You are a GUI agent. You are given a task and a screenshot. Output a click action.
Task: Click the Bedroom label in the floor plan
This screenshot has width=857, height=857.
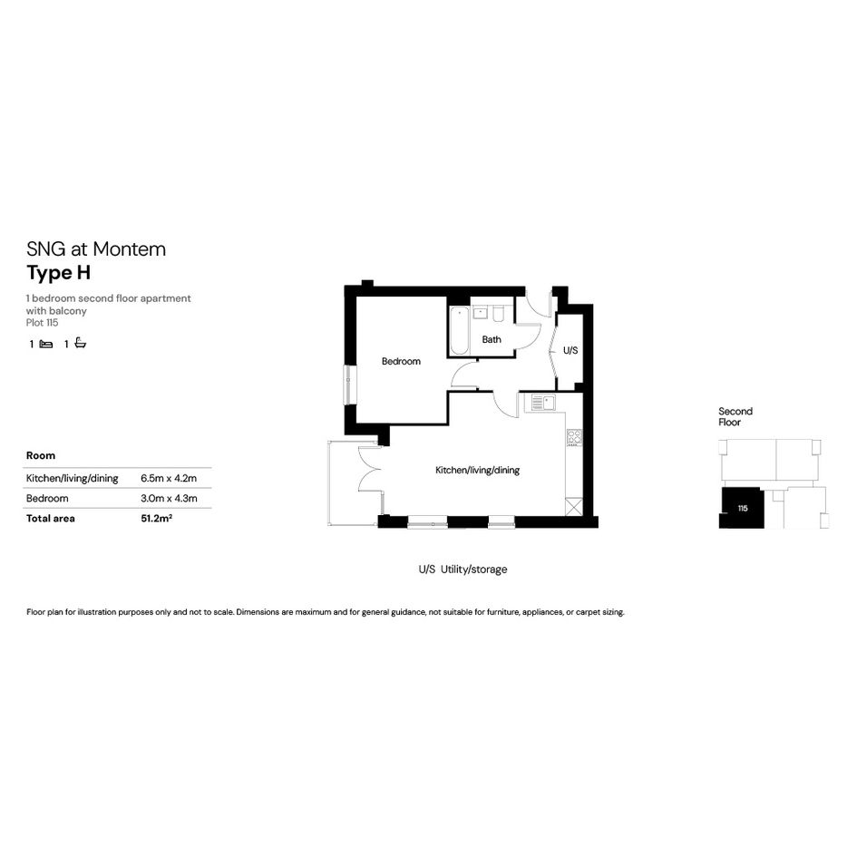pos(401,361)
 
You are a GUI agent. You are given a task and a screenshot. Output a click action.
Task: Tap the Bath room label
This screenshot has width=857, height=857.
pos(492,339)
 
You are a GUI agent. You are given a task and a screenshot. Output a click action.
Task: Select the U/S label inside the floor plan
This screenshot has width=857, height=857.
pos(570,350)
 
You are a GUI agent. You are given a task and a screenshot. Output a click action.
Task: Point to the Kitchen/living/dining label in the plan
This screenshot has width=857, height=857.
pos(477,470)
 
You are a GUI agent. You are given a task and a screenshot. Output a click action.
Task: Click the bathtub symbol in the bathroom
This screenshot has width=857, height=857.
pos(459,331)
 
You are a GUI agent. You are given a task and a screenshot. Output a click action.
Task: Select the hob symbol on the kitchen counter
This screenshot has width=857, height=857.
pos(574,437)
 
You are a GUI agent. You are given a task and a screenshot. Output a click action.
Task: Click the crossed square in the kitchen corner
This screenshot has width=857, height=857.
pos(574,507)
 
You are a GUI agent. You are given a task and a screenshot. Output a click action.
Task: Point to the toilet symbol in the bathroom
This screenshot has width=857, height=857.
pos(498,315)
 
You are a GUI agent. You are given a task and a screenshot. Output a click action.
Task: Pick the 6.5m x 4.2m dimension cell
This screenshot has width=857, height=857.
pos(169,478)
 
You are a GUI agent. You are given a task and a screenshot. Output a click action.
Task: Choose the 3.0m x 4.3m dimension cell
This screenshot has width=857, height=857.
pos(169,499)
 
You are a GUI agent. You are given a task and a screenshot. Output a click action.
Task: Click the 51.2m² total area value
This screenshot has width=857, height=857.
pos(156,518)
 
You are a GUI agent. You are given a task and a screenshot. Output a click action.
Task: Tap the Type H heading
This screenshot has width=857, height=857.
pos(58,273)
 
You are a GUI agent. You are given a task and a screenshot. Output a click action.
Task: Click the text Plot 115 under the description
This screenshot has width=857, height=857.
pos(42,323)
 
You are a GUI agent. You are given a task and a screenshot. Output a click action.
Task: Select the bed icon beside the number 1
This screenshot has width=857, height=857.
pos(46,344)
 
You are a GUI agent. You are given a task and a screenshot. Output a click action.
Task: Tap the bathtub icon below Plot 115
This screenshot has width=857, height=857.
pos(81,343)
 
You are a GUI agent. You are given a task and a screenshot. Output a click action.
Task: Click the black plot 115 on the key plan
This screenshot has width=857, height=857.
pos(742,508)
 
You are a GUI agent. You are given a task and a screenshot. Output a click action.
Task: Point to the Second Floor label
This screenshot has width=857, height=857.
pos(735,416)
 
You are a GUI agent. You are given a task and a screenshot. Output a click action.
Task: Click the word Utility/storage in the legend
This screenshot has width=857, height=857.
pos(474,570)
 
